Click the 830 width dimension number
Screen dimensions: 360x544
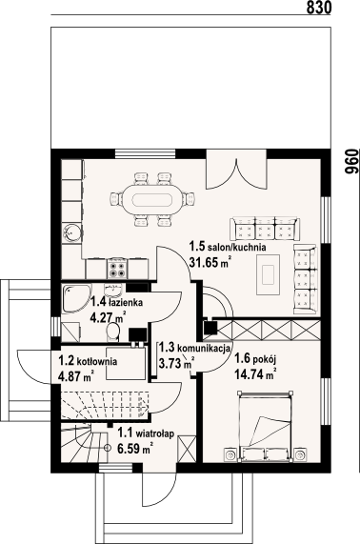(319, 8)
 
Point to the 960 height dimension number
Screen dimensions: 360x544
(351, 162)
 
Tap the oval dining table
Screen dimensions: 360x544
(151, 200)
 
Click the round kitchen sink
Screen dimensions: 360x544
(72, 232)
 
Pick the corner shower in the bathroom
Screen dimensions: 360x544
(77, 298)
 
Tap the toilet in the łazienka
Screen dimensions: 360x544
(112, 332)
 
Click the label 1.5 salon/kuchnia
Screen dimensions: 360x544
(228, 247)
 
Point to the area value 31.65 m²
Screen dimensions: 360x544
(210, 262)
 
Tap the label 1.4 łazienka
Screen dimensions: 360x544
(117, 302)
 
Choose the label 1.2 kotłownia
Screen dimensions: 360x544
(88, 361)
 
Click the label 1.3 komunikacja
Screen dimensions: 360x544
(194, 348)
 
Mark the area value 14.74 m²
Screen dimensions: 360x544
(255, 374)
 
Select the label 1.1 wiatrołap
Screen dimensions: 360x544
(146, 433)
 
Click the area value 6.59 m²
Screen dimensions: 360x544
(135, 449)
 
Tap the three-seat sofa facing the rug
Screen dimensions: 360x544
(266, 229)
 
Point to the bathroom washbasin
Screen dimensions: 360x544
(112, 288)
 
